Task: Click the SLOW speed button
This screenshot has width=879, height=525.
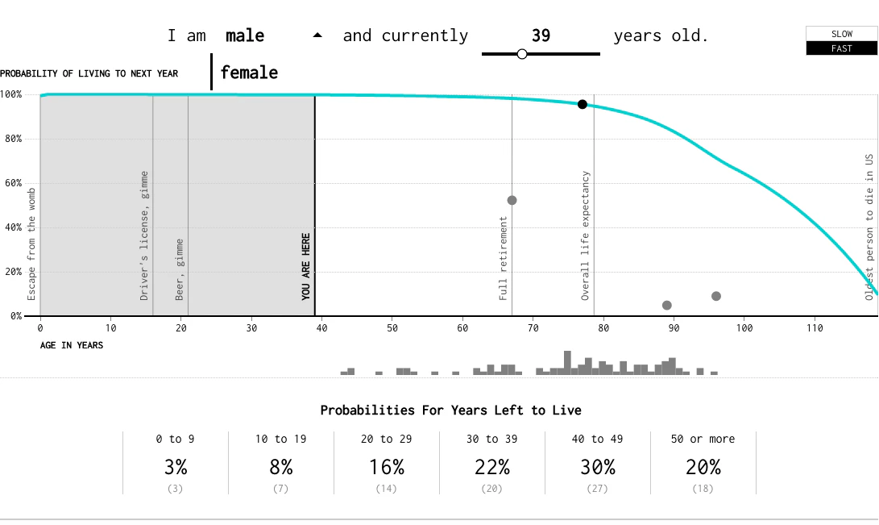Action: (x=841, y=34)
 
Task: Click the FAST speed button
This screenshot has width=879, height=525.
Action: (x=841, y=48)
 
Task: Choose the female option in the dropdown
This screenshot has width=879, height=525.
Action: (x=249, y=73)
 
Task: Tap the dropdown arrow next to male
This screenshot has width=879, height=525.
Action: (x=317, y=35)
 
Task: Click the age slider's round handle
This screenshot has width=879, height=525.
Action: (x=522, y=54)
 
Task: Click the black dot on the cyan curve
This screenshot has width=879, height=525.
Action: (x=583, y=104)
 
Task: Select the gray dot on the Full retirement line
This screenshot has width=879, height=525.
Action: (x=512, y=200)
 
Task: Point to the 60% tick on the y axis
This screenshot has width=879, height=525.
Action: (x=11, y=183)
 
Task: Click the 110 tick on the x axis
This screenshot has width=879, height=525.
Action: (x=815, y=328)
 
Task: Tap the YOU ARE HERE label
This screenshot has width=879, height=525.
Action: (x=306, y=267)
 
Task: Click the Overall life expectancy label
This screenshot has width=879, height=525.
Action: (x=586, y=235)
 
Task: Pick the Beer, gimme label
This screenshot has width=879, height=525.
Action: (x=180, y=269)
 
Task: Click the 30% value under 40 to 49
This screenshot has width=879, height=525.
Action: (x=597, y=467)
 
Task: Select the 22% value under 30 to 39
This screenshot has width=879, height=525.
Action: (x=491, y=467)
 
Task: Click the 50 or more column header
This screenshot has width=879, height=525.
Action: (x=703, y=440)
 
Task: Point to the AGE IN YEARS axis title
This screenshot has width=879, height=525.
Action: (x=72, y=345)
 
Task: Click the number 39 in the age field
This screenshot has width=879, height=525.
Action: (x=541, y=36)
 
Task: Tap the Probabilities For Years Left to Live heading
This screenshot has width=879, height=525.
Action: (x=450, y=410)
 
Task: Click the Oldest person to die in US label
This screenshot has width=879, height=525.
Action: (x=869, y=227)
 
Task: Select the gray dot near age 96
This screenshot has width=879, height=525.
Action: (x=716, y=296)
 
